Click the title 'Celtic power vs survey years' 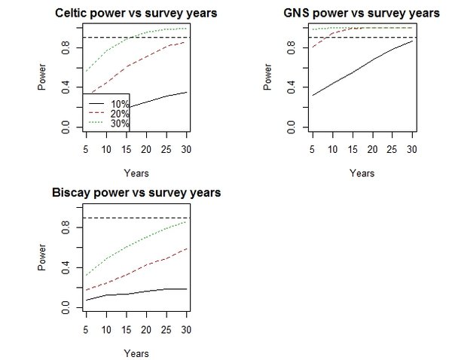click(136, 13)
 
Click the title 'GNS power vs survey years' click(362, 13)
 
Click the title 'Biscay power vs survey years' click(136, 193)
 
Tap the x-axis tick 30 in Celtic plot click(186, 148)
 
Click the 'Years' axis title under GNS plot click(362, 172)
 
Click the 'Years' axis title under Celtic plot click(136, 172)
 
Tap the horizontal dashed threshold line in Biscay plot click(136, 218)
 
